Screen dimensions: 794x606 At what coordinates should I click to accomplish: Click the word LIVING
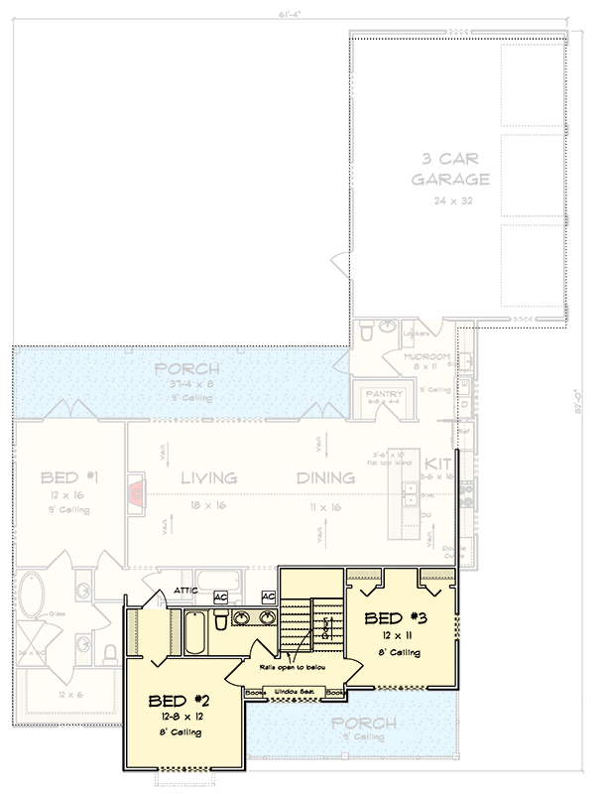click(208, 478)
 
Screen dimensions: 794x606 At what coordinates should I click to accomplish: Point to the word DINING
click(325, 478)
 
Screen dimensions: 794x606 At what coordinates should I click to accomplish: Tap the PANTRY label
click(374, 393)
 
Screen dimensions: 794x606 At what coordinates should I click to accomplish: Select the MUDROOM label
click(426, 356)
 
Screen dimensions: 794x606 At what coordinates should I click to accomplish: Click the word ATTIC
click(186, 592)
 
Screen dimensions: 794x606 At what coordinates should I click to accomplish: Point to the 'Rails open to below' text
click(294, 670)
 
